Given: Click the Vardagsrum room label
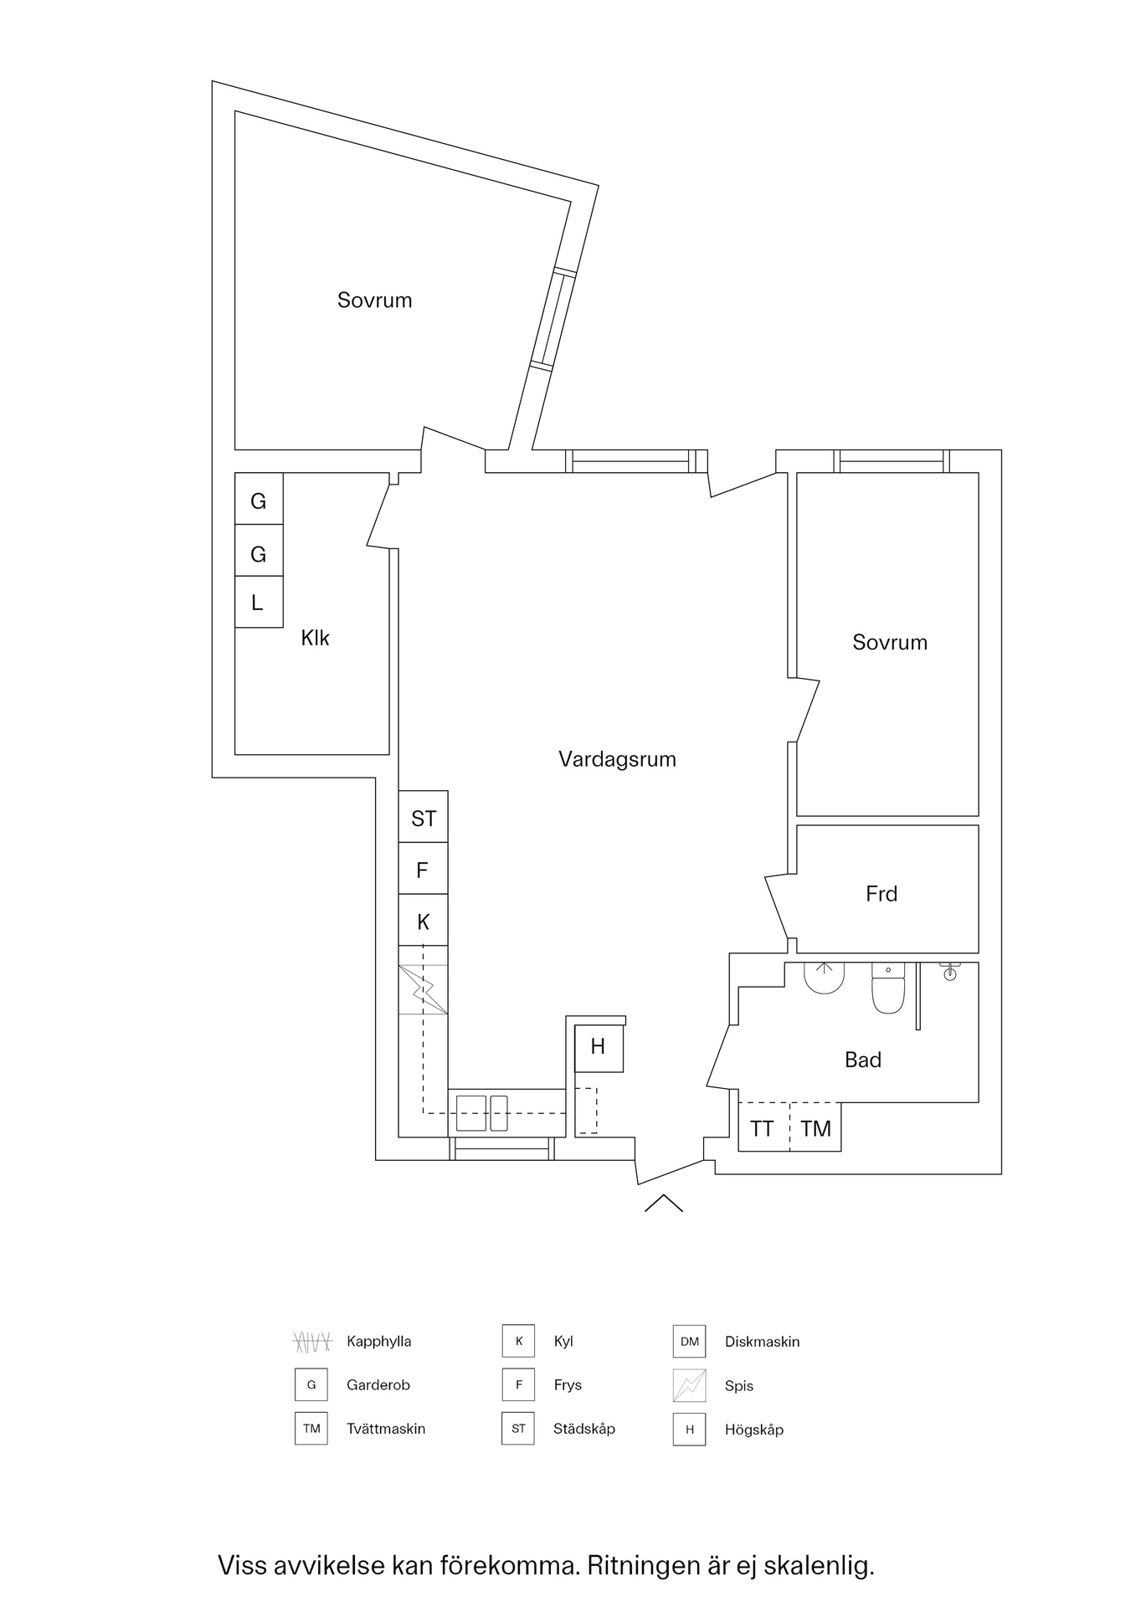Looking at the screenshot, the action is point(617,759).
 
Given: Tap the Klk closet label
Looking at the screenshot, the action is point(315,638).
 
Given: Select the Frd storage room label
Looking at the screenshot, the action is point(882,894).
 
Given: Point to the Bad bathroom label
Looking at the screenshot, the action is point(863,1060).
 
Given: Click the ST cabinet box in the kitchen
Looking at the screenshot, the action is point(424,817).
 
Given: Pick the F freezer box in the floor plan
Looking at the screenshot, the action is point(423,870).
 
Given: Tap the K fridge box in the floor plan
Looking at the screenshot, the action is point(423,921).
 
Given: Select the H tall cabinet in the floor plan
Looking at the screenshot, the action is point(599,1046).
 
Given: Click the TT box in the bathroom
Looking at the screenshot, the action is point(763,1128).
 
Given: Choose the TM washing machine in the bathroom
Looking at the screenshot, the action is point(815,1128).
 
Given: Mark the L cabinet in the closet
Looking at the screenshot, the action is point(258,602).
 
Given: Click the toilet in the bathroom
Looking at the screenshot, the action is point(888,989).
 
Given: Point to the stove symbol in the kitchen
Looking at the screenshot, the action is point(423,989).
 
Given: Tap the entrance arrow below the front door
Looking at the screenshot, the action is point(664,1203).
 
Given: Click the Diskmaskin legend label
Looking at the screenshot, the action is point(762,1342).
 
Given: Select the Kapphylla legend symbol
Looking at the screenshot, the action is point(311,1342).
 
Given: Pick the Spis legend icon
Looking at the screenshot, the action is point(689,1385).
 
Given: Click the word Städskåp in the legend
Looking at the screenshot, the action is point(583,1429).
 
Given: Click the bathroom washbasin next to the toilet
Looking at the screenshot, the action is point(825,978).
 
